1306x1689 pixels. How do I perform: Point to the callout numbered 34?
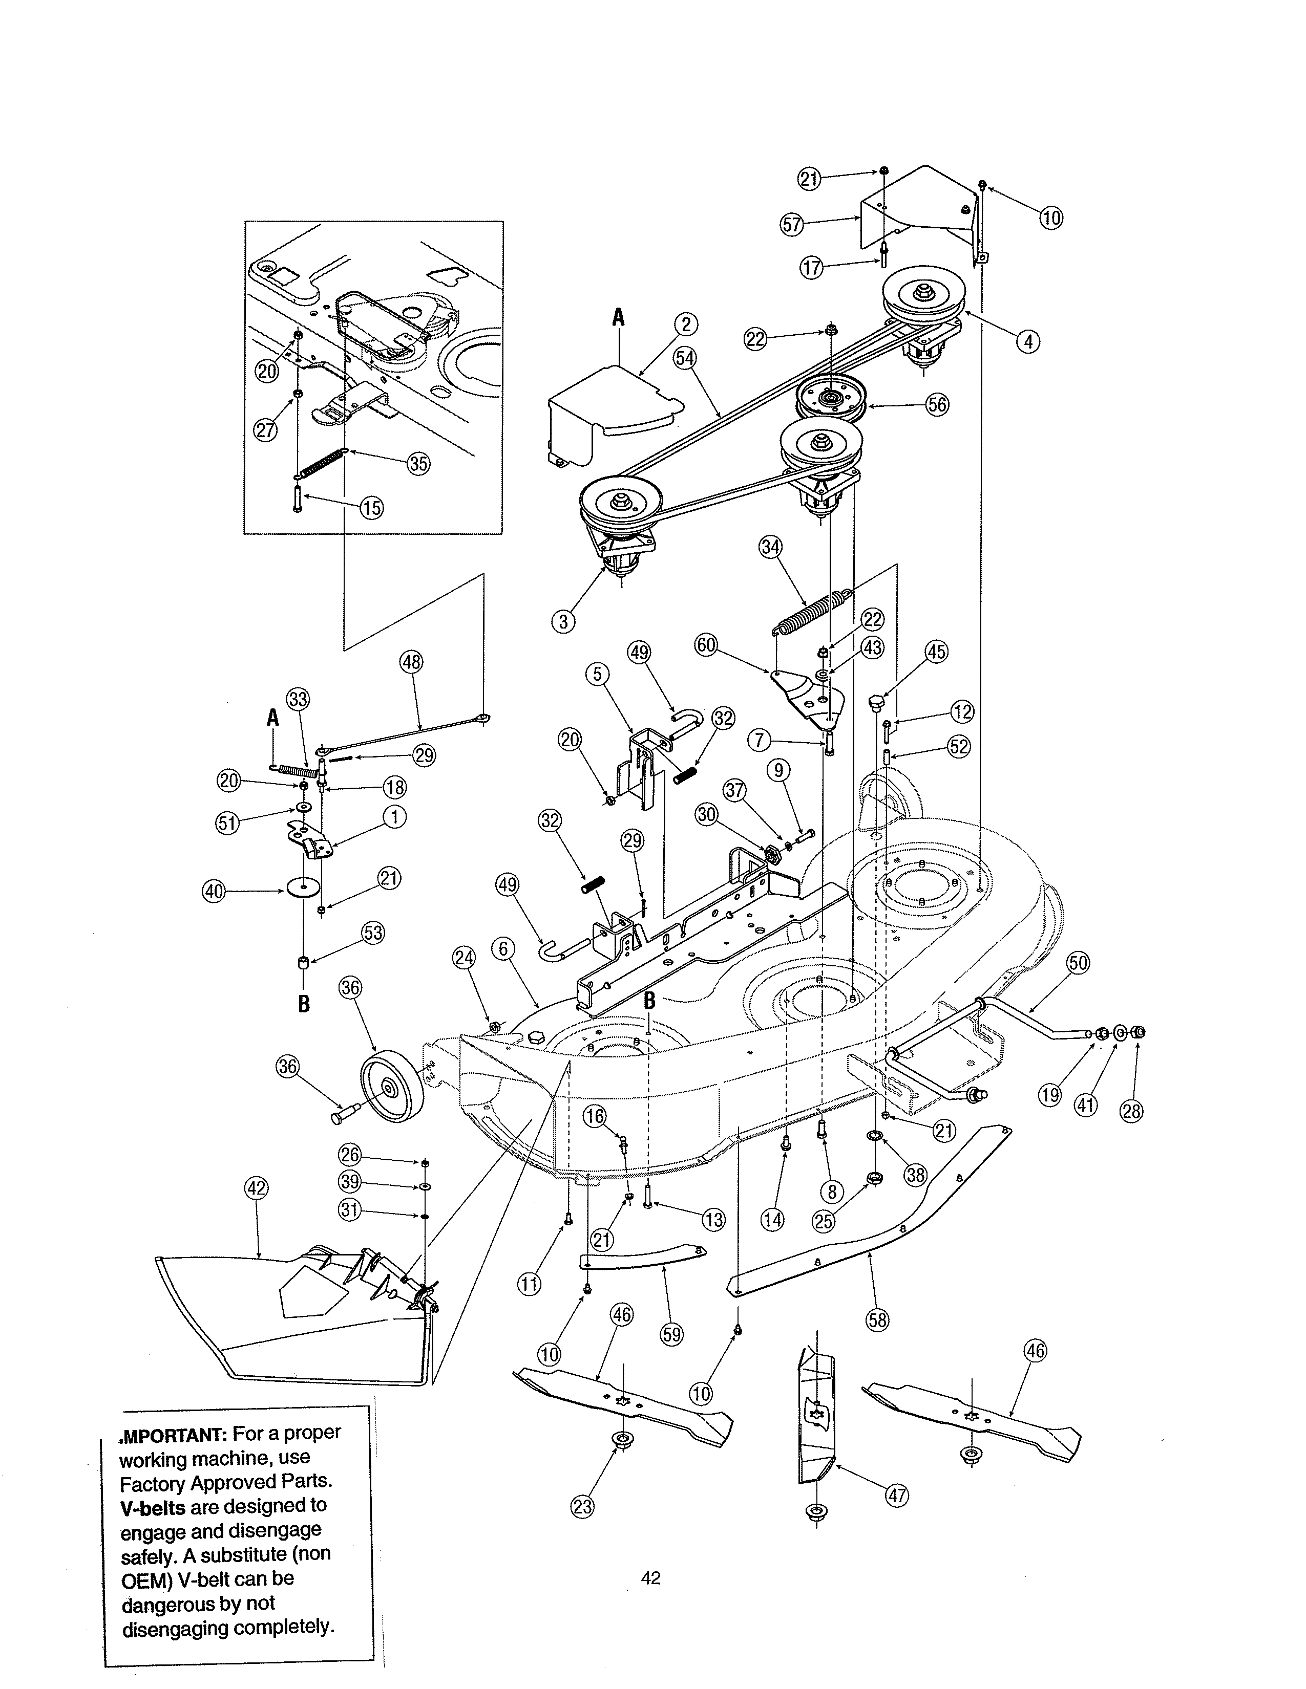(771, 548)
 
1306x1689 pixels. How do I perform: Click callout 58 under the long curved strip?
(877, 1319)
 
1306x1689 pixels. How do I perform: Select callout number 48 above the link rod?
(412, 662)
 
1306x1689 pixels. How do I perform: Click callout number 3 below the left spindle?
(564, 621)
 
